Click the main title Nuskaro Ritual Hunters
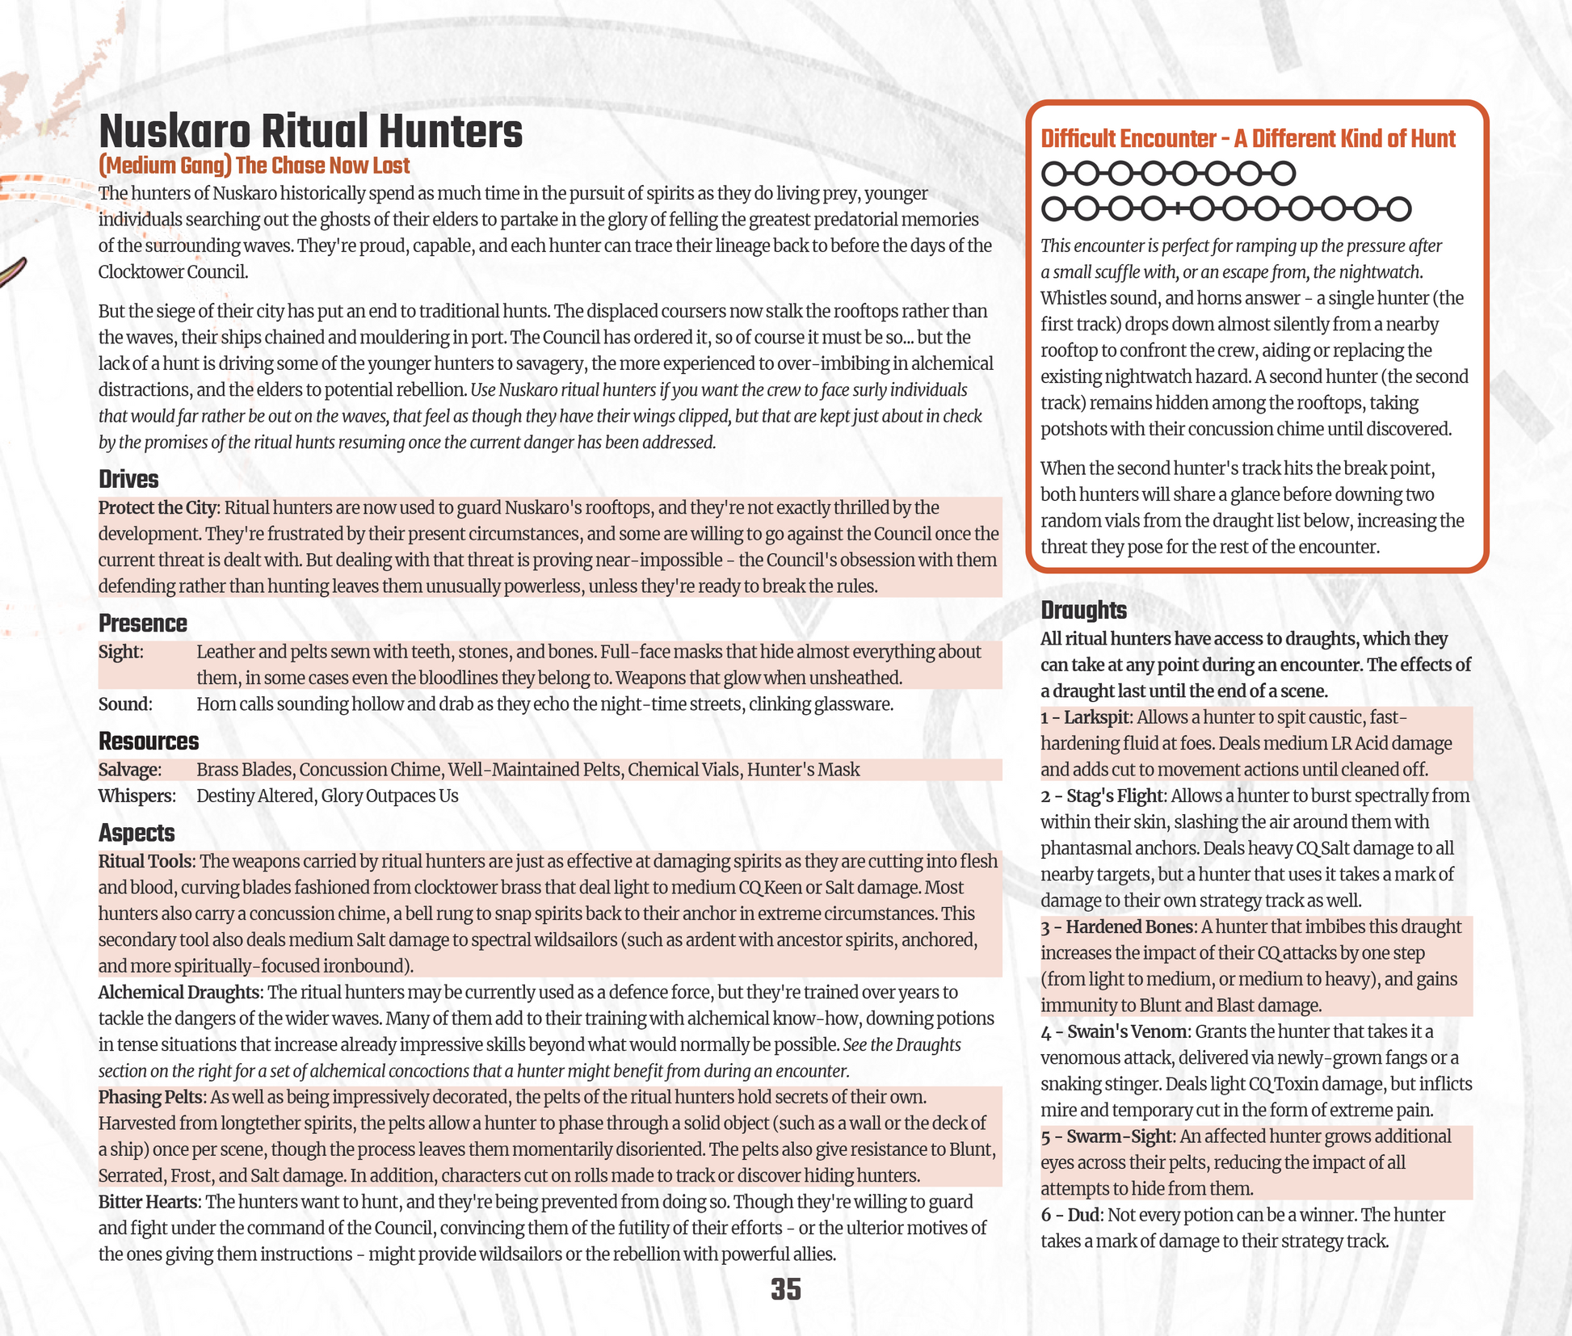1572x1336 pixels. [x=310, y=132]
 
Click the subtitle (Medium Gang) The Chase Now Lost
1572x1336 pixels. [x=254, y=166]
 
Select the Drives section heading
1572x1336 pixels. [x=128, y=479]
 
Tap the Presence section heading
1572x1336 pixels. [x=142, y=624]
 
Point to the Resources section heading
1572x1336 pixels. [x=148, y=741]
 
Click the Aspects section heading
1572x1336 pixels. [x=136, y=833]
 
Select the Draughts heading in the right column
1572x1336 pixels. [x=1083, y=610]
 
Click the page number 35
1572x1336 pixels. [x=785, y=1289]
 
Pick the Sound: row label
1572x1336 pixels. [x=124, y=704]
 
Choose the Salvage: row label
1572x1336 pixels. [x=129, y=770]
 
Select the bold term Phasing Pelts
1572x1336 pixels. [x=149, y=1097]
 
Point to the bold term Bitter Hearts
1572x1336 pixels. [x=147, y=1202]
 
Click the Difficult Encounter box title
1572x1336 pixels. [x=1247, y=139]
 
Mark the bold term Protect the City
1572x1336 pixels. [x=158, y=508]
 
